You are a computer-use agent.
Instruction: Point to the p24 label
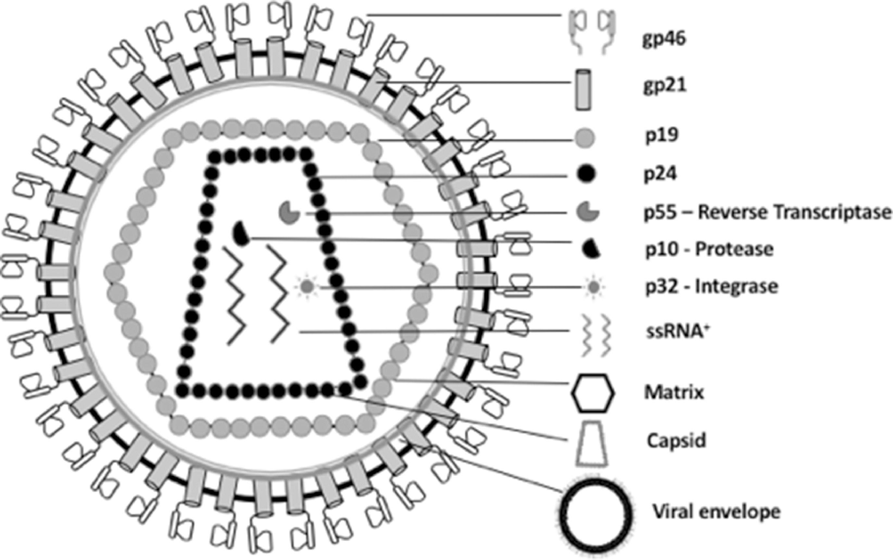661,174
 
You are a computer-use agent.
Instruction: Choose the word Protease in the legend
735,249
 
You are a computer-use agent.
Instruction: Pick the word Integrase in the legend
737,286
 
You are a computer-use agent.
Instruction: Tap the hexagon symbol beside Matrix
593,393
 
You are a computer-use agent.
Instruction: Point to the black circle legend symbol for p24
586,174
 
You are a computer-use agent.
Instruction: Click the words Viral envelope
716,512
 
